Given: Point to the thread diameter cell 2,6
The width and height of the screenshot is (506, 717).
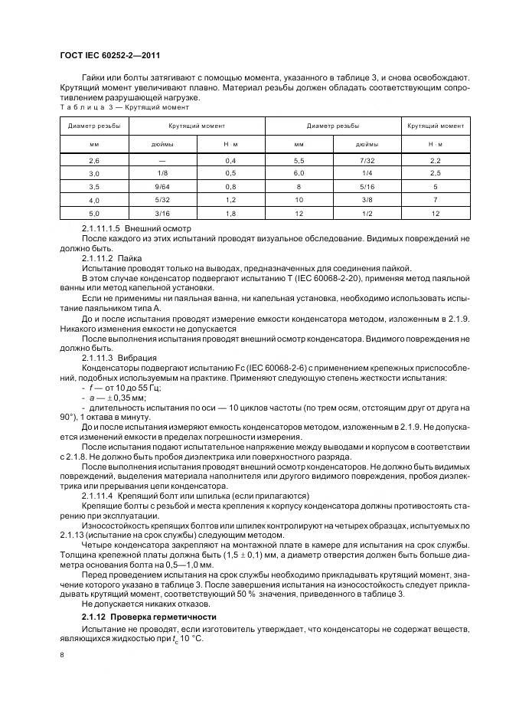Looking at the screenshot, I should (94, 160).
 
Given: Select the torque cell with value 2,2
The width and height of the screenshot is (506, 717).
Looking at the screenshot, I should (435, 160).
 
